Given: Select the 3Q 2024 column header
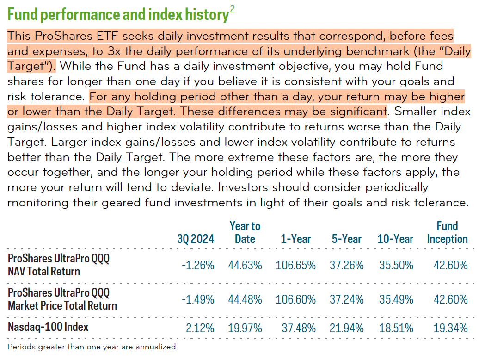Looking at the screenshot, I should tap(196, 239).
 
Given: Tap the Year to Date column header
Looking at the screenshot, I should tap(245, 232).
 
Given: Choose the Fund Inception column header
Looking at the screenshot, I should tap(447, 232).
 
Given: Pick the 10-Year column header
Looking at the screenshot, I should tap(395, 239).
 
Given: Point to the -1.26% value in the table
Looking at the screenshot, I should tap(197, 265).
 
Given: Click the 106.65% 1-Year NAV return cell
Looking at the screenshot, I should tap(296, 265).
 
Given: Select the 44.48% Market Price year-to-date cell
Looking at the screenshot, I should tap(245, 299).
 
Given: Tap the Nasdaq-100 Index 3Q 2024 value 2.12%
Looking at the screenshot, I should tap(201, 329).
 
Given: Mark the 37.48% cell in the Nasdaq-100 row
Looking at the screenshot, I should tap(299, 329).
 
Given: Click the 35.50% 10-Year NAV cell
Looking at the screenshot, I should tap(395, 265).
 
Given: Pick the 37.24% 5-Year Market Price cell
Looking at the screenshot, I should tap(347, 299).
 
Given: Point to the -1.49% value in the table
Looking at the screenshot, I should tap(197, 299).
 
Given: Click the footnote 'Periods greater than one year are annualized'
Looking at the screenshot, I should tap(92, 347).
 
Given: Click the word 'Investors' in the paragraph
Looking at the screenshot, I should tap(240, 188).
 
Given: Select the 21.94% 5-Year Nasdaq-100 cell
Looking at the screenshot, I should tap(347, 329).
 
